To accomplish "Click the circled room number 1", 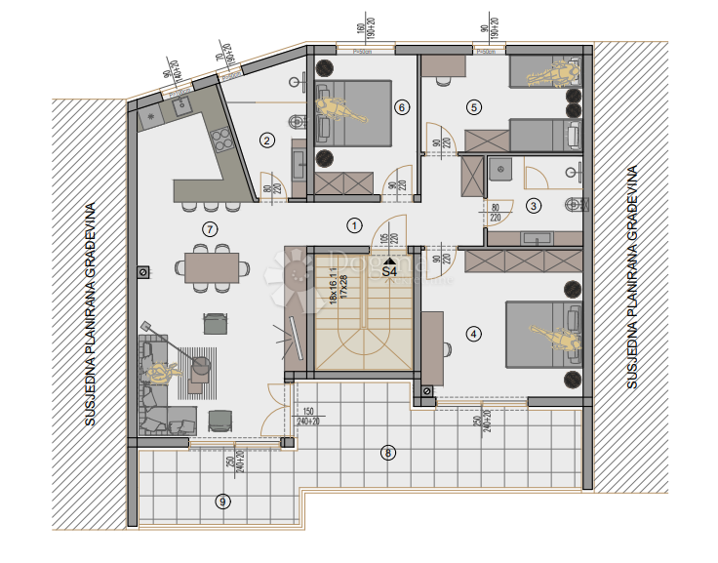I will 354,225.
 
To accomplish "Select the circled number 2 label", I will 265,141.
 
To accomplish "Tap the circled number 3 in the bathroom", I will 533,205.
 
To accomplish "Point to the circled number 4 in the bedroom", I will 474,334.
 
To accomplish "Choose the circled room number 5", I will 474,107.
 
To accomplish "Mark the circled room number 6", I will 401,107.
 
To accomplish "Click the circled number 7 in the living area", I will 208,229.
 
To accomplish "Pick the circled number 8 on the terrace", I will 389,452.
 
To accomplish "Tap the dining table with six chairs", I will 211,267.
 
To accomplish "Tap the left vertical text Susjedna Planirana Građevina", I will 90,314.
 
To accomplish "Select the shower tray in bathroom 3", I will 500,170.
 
